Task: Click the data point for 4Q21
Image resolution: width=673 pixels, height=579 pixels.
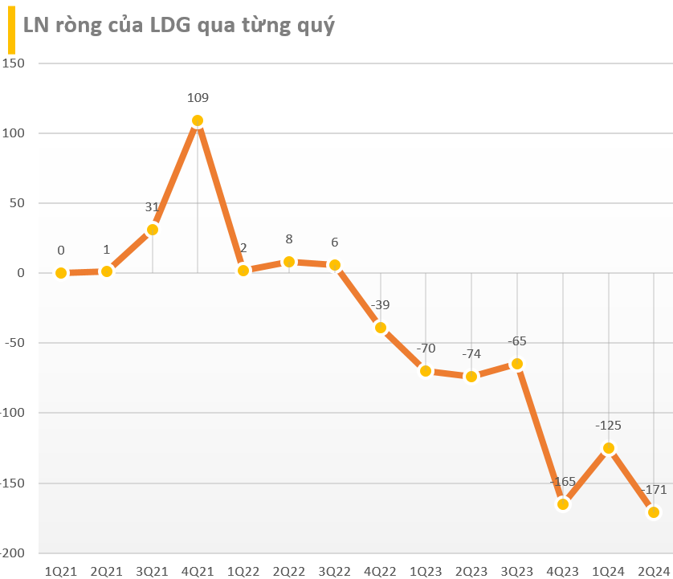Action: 198,120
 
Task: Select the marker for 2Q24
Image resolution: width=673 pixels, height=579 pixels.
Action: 654,512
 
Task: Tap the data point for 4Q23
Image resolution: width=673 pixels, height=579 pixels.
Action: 562,504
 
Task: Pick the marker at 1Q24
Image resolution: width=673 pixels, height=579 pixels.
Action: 608,448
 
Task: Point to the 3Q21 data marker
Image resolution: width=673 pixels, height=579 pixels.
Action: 152,230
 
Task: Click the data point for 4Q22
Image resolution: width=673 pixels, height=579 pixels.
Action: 380,328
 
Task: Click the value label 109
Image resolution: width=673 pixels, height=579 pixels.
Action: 198,98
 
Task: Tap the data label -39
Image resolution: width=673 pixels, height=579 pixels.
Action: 380,305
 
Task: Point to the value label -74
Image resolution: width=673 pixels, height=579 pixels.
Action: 471,354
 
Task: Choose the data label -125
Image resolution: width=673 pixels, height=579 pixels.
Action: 608,426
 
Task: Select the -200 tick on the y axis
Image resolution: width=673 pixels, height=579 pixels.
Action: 14,554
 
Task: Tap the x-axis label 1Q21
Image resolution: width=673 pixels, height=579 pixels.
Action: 61,570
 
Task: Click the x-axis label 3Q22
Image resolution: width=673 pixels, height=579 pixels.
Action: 334,570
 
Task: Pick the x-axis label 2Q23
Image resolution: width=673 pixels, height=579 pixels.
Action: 471,570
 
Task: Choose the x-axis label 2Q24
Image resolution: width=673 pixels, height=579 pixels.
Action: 654,570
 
